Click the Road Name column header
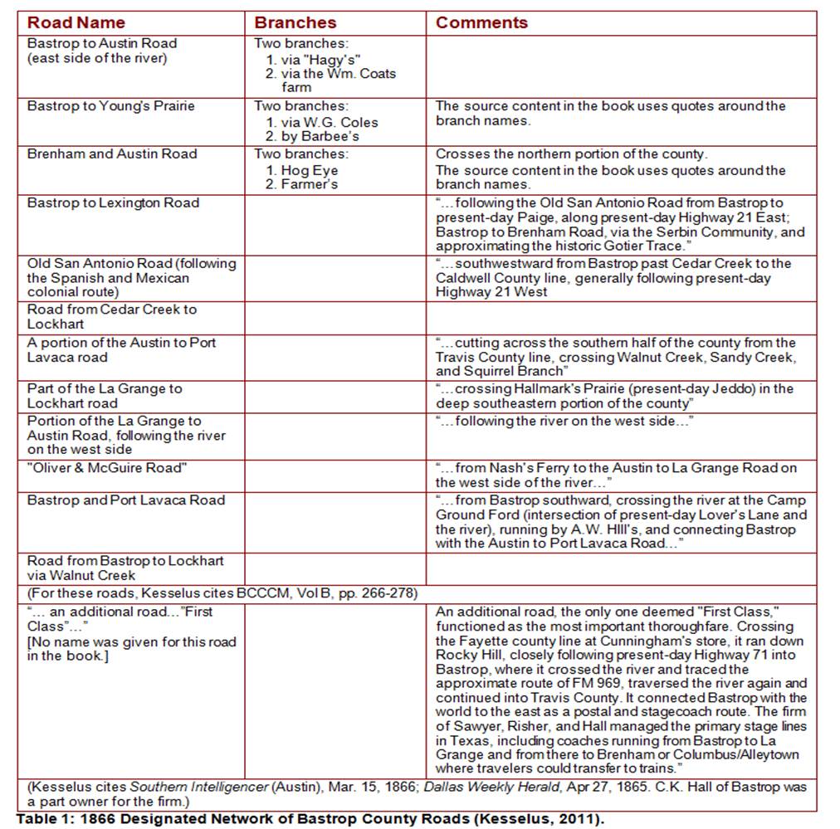click(76, 22)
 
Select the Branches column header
click(295, 22)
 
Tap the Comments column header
click(481, 22)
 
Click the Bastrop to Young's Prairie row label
click(110, 106)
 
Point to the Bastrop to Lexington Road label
click(113, 202)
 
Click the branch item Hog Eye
click(309, 170)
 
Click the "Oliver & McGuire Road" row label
click(107, 468)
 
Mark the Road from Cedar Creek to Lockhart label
click(111, 316)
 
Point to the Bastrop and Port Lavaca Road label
click(125, 500)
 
